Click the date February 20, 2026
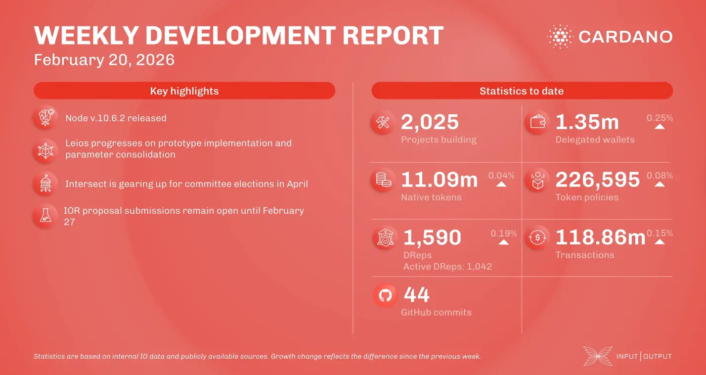(104, 60)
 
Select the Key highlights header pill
(184, 91)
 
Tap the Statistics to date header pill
(522, 91)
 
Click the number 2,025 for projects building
(430, 122)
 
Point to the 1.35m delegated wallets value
(587, 122)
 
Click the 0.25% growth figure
(660, 118)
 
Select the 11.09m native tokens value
(439, 180)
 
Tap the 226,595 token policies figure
(597, 180)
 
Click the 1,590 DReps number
(432, 237)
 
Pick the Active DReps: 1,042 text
(447, 267)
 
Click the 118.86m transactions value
(600, 237)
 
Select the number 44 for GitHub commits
(416, 295)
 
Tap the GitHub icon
(385, 296)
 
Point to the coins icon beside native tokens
(383, 180)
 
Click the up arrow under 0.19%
(503, 242)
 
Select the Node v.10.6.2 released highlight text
(116, 118)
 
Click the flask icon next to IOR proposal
(45, 216)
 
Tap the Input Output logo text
(644, 356)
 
